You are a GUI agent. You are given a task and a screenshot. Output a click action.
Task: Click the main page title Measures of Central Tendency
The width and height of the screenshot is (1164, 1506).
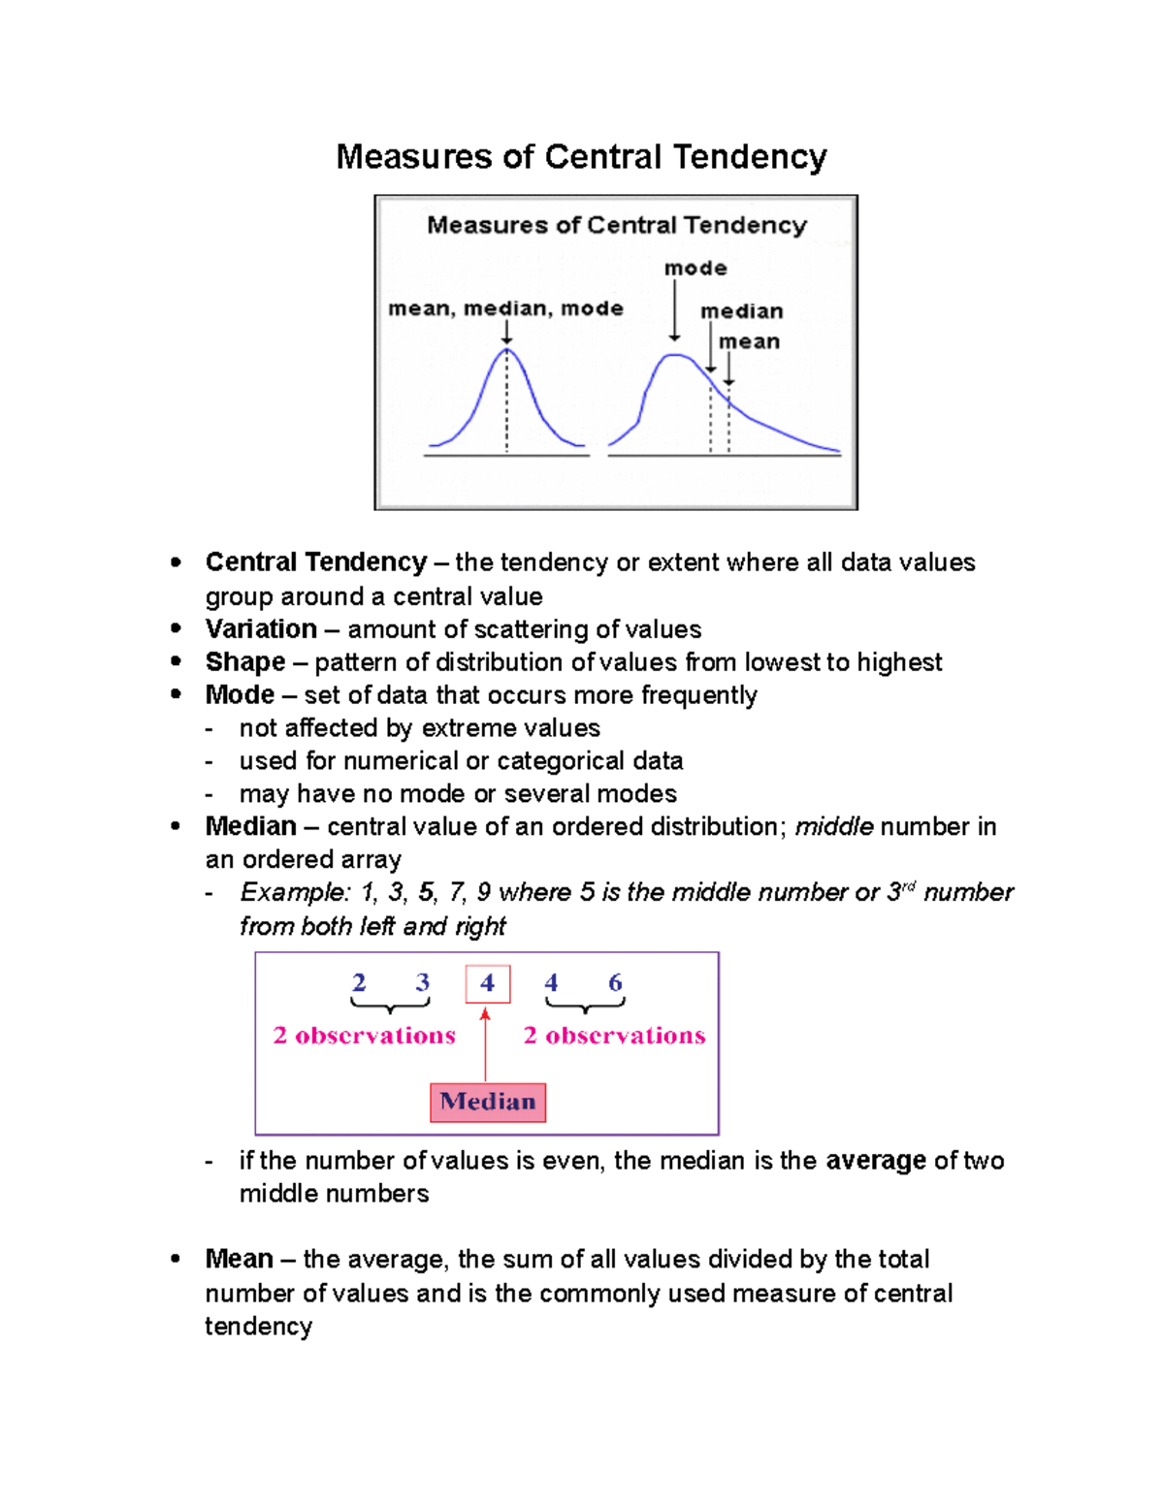(581, 157)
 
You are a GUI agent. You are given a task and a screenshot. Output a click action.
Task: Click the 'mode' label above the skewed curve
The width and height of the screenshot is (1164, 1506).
(695, 268)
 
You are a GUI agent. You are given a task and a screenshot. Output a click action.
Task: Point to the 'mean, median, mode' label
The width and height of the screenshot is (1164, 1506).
(505, 308)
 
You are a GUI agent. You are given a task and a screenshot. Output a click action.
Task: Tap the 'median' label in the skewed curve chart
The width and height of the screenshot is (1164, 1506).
(742, 311)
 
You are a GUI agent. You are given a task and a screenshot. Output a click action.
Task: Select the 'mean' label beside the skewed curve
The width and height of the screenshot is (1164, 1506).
(749, 341)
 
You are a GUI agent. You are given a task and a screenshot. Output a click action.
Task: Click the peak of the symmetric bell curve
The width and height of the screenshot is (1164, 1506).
(506, 350)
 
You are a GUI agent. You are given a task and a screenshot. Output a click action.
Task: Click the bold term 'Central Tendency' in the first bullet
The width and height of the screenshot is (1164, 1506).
(315, 562)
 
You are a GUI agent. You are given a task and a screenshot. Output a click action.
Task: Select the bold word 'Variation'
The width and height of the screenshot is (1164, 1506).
(261, 629)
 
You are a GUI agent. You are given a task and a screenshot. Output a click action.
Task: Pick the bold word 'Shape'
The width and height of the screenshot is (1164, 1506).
(245, 662)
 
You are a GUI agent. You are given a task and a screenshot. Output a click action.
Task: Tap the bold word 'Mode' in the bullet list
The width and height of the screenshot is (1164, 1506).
(240, 695)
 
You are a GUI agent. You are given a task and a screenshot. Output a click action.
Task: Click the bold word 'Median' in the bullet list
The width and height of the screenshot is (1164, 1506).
(250, 826)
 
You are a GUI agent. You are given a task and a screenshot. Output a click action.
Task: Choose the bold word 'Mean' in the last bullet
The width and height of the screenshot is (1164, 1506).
(239, 1259)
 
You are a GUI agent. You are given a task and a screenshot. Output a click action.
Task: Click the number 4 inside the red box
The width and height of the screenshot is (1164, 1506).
(487, 983)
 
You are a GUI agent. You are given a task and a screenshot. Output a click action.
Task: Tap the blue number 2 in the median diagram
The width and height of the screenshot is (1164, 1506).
(359, 982)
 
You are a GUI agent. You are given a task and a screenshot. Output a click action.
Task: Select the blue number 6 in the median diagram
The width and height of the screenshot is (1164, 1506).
(615, 982)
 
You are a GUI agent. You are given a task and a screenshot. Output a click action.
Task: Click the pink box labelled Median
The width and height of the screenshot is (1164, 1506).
(488, 1103)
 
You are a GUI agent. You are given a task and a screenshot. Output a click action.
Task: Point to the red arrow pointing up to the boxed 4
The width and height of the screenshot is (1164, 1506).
(485, 1043)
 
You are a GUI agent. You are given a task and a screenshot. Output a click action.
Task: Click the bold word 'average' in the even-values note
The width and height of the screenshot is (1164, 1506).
(875, 1161)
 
